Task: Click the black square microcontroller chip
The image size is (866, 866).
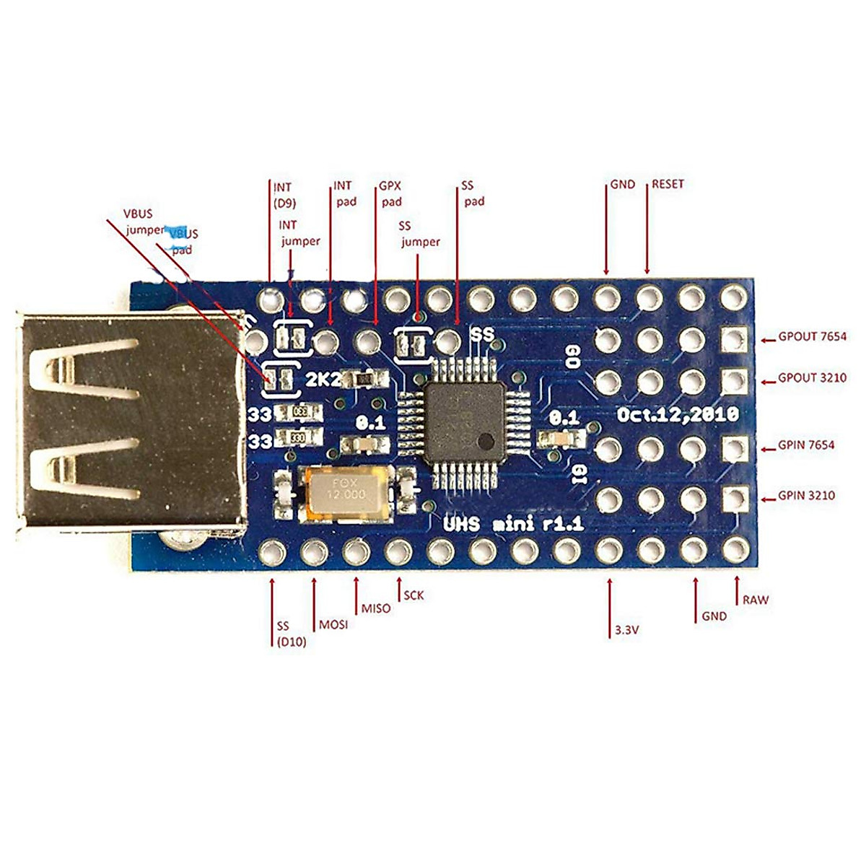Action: [x=464, y=422]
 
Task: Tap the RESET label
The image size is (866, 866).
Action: [x=668, y=184]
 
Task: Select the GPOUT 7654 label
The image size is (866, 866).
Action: [x=812, y=337]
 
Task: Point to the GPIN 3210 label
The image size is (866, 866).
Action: [x=807, y=496]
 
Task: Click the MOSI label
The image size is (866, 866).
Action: [x=333, y=624]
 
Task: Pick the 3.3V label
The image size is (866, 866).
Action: [x=627, y=630]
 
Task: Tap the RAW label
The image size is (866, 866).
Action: [x=756, y=600]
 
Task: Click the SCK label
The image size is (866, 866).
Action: [x=414, y=595]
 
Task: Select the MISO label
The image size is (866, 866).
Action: [x=376, y=608]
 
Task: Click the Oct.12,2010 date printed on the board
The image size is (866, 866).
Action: [x=677, y=415]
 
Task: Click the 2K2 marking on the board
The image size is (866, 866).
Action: [x=323, y=380]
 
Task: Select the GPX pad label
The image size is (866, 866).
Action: [x=391, y=194]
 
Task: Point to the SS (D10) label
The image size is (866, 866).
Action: [x=290, y=634]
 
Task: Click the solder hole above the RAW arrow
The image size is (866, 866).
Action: [x=735, y=551]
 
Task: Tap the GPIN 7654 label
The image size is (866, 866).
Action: [x=806, y=445]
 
